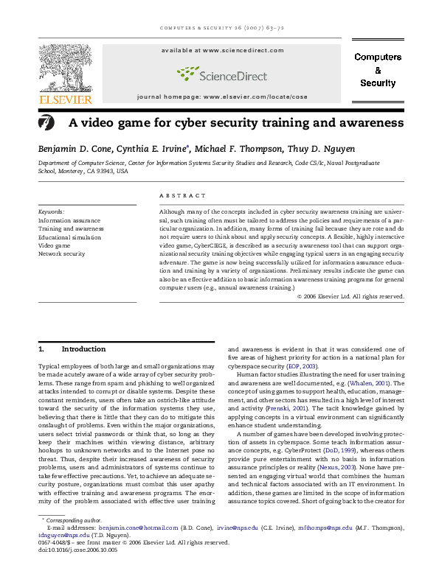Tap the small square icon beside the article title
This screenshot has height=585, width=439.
tap(46, 123)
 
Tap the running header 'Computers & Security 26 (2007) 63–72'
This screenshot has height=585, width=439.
tap(219, 29)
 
